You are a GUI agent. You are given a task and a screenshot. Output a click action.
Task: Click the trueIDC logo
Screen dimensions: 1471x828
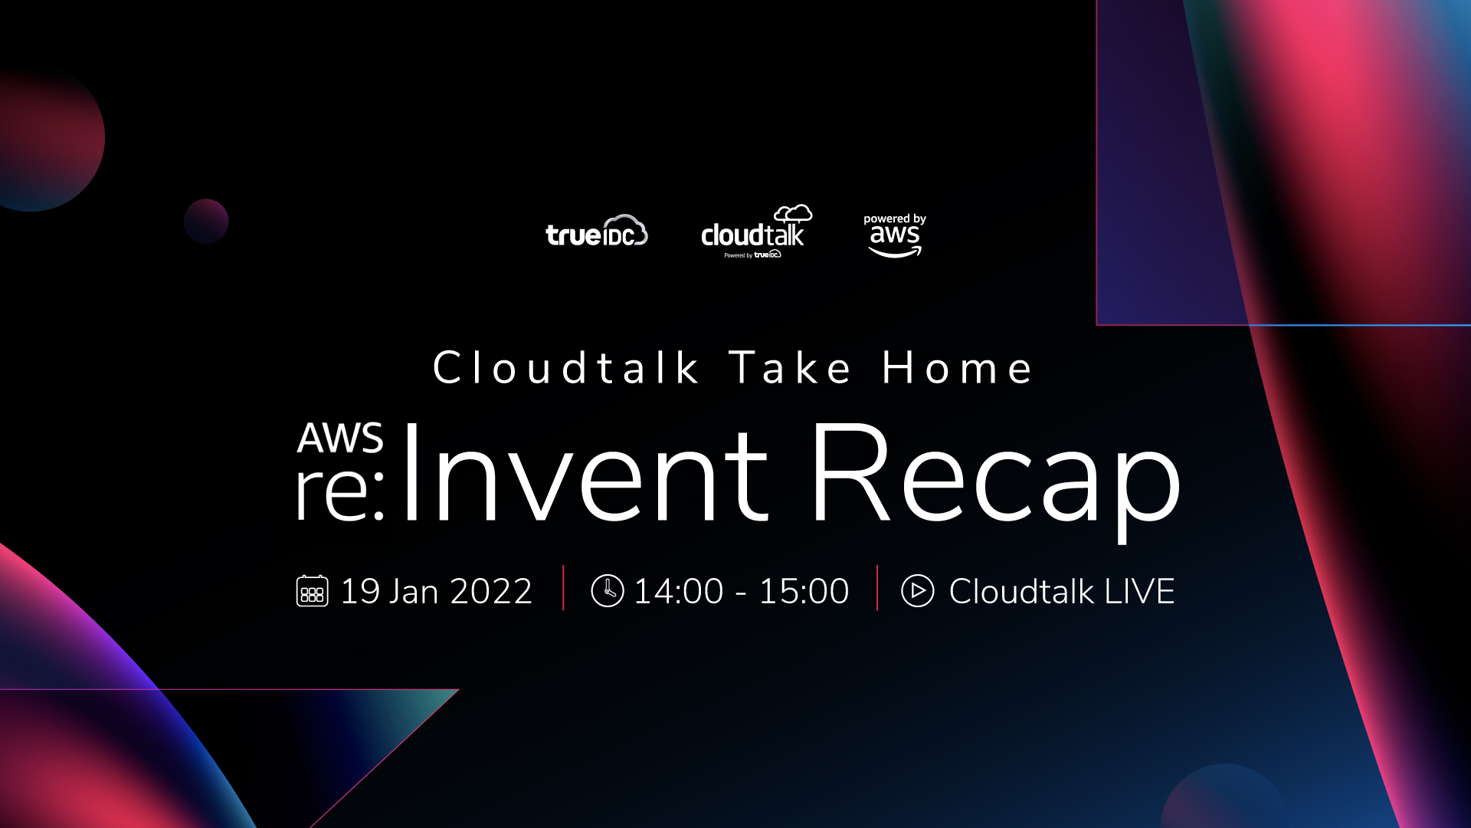coord(597,231)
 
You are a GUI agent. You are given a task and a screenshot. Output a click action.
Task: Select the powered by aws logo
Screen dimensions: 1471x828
coord(895,235)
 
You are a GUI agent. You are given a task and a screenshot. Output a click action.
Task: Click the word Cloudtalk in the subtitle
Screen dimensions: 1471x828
coord(565,367)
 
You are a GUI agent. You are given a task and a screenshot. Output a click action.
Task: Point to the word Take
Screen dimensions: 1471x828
coord(790,367)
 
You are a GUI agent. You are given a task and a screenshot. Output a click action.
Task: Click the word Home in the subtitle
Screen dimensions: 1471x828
coord(958,367)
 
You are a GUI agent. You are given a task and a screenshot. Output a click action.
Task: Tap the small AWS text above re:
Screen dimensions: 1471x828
coord(340,438)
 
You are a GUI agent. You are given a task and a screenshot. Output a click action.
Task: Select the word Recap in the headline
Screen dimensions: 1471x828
coord(995,479)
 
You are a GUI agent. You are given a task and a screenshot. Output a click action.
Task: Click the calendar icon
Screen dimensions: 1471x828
coord(312,591)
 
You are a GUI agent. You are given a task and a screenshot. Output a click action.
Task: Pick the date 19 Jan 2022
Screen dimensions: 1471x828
coord(436,591)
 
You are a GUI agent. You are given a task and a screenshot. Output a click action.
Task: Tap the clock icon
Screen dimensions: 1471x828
coord(608,591)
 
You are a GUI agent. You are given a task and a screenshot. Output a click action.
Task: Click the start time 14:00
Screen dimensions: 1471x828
coord(679,591)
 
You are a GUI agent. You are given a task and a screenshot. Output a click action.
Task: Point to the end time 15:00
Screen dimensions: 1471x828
coord(804,591)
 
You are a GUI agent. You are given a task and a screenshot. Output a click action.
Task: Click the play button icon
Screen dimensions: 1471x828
coord(918,591)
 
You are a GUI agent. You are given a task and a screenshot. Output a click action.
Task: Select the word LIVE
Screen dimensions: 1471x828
coord(1139,591)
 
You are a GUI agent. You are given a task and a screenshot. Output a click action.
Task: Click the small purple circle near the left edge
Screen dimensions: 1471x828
coord(206,222)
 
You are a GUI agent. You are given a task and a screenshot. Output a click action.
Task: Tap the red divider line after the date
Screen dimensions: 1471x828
coord(563,588)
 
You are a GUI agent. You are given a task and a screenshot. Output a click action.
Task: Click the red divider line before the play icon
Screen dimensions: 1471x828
coord(877,588)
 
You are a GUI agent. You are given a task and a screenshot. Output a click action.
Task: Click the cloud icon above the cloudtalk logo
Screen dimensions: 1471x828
coord(793,213)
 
